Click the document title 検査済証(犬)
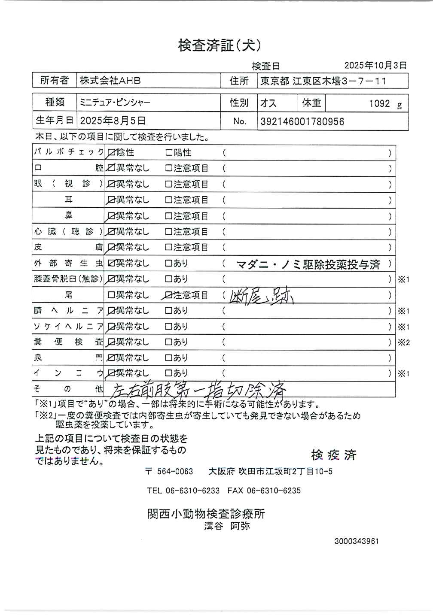(x=220, y=45)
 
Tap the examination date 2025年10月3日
(x=375, y=65)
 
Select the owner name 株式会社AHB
(x=110, y=81)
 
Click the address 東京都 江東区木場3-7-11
(x=323, y=81)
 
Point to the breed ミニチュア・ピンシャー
(x=115, y=103)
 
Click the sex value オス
(x=268, y=103)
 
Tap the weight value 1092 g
(x=385, y=104)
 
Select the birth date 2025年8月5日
(x=113, y=121)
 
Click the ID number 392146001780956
(x=302, y=122)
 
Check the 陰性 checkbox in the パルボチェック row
(x=112, y=153)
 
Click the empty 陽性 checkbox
(x=169, y=153)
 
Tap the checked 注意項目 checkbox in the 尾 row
(x=169, y=295)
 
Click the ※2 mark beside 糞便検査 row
(x=403, y=342)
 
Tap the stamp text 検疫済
(x=334, y=455)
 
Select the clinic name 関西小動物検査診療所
(x=206, y=514)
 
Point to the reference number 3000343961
(x=357, y=541)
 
